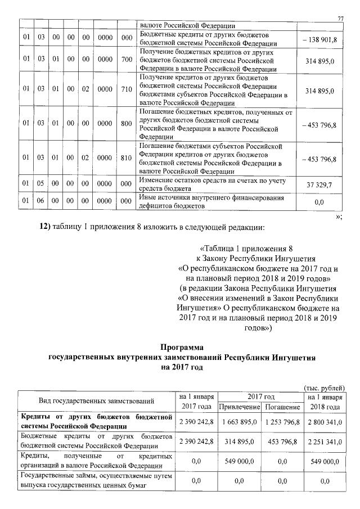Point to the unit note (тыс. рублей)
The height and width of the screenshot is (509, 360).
click(x=323, y=388)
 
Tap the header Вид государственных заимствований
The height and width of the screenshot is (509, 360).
click(x=96, y=401)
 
